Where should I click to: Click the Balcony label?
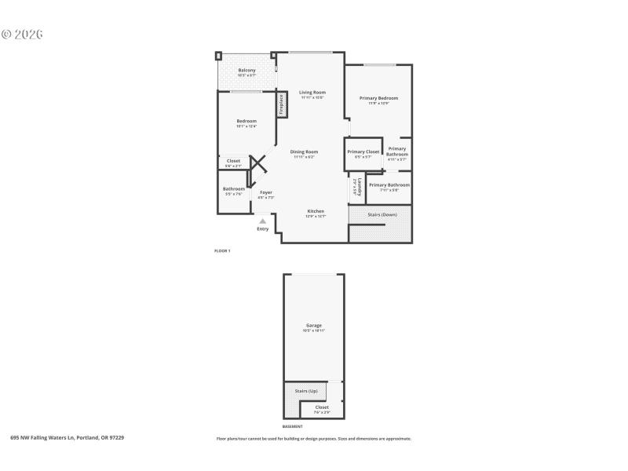click(x=246, y=71)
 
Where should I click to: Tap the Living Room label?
click(x=312, y=93)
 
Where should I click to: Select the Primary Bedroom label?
click(x=379, y=98)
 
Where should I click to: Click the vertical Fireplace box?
click(x=279, y=104)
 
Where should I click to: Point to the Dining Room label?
click(x=304, y=152)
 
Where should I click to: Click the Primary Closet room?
click(x=363, y=154)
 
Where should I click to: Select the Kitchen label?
click(x=315, y=211)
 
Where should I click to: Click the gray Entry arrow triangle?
click(x=262, y=221)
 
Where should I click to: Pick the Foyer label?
click(x=266, y=192)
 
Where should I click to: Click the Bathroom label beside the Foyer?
click(x=233, y=189)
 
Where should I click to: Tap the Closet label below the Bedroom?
click(x=233, y=161)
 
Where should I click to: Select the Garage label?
click(x=313, y=325)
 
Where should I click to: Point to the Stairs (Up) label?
click(x=305, y=390)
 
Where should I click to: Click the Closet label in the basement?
click(x=322, y=407)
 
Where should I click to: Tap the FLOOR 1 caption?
click(x=222, y=250)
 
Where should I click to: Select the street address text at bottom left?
click(x=67, y=438)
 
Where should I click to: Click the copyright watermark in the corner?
click(x=21, y=35)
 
